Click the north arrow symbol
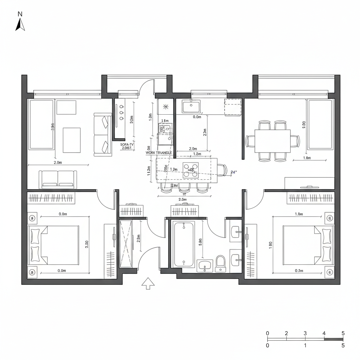pos(20,24)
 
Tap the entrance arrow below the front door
pos(148,283)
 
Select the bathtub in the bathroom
pos(184,244)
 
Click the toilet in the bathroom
pos(220,263)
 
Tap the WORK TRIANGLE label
pos(159,153)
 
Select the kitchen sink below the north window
pos(191,106)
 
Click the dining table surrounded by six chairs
pos(272,141)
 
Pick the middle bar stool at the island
pos(184,188)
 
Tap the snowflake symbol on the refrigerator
pos(166,106)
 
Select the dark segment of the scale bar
pos(333,339)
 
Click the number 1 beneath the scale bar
pos(305,346)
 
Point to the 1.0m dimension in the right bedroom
pos(298,214)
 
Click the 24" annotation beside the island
pos(233,172)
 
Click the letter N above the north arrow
pos(20,14)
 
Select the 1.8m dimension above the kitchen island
pos(197,154)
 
